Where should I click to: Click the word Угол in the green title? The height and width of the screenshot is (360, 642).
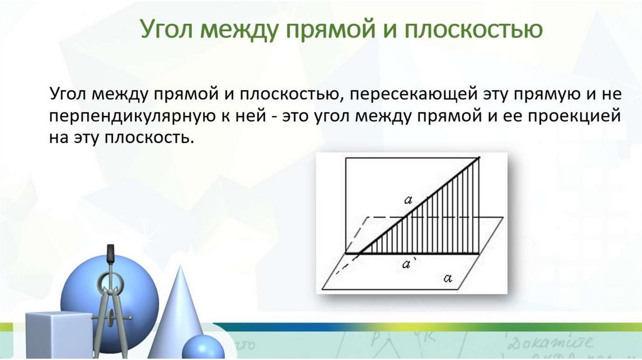point(166,29)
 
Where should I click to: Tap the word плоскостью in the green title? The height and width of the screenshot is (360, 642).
point(473,29)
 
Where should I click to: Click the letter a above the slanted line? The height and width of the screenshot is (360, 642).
point(408,200)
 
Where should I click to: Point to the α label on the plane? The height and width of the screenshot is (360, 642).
point(448,278)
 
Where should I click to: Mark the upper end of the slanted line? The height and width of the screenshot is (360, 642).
point(478,157)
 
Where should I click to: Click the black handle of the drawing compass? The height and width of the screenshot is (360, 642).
point(110,254)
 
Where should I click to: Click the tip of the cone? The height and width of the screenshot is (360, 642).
point(180,266)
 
